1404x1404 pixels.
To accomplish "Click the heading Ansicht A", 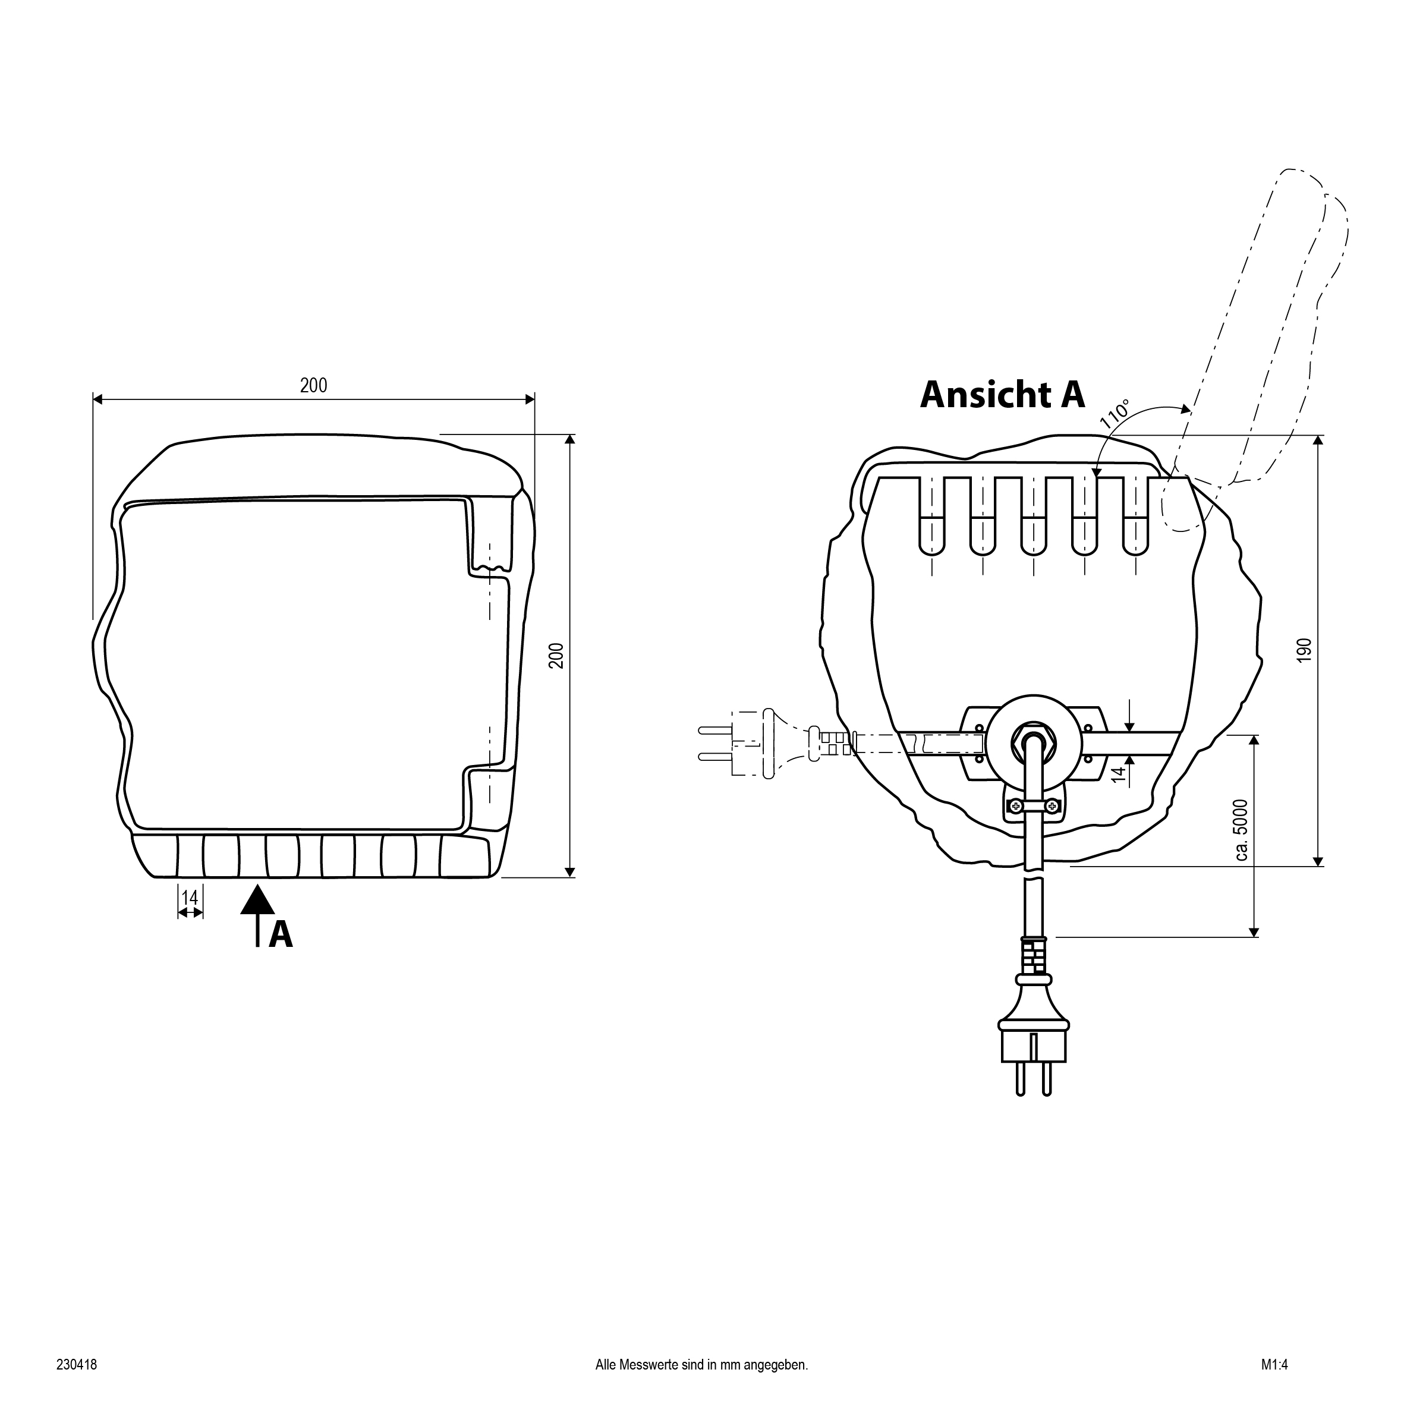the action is coord(1002,395).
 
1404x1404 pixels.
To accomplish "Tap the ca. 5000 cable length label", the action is coord(1241,830).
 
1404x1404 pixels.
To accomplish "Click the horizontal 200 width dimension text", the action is coord(314,385).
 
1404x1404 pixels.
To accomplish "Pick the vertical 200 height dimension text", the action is coord(556,656).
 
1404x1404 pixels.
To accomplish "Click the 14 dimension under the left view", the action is coord(190,898).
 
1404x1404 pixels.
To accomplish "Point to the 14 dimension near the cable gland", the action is coord(1119,773).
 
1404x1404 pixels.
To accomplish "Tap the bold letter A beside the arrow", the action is coord(281,934).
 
